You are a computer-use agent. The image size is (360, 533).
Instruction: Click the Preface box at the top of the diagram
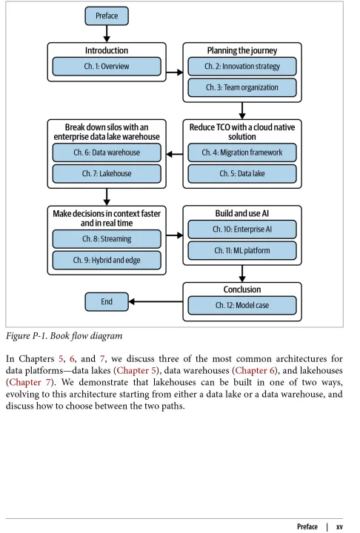click(x=107, y=16)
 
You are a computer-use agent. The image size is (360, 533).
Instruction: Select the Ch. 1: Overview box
click(x=107, y=67)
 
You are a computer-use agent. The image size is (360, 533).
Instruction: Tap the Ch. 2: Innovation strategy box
click(x=242, y=67)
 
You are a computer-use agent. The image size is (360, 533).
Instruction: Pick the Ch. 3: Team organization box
click(x=242, y=87)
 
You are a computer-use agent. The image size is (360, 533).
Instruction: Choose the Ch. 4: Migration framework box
click(x=242, y=152)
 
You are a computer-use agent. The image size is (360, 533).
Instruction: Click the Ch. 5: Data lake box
click(x=242, y=174)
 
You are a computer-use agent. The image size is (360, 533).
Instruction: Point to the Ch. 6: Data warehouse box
click(x=107, y=152)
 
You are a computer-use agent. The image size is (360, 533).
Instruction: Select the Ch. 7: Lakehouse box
click(x=107, y=174)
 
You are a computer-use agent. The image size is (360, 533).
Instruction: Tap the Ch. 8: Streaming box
click(x=107, y=239)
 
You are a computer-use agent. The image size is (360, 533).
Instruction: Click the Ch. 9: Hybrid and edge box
click(x=107, y=261)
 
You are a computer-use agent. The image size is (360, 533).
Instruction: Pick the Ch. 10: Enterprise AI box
click(x=242, y=229)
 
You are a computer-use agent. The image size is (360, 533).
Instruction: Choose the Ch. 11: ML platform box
click(x=242, y=251)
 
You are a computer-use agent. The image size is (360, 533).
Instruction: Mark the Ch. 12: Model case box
click(x=242, y=305)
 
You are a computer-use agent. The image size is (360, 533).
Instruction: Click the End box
click(x=107, y=302)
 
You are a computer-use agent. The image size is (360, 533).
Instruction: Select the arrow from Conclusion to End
click(x=156, y=301)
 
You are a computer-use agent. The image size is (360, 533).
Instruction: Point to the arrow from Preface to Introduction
click(x=107, y=33)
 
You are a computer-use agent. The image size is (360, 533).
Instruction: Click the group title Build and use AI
click(x=242, y=213)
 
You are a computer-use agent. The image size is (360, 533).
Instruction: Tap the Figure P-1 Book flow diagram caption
click(x=64, y=336)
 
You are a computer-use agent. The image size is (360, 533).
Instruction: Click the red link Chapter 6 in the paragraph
click(x=255, y=371)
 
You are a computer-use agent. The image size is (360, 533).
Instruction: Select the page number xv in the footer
click(x=339, y=526)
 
